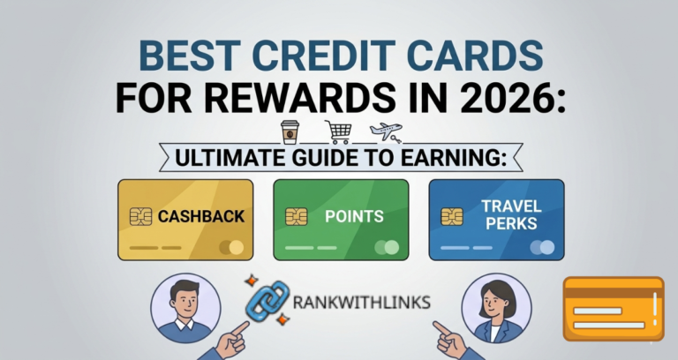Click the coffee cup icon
click(x=289, y=132)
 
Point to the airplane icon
click(x=386, y=132)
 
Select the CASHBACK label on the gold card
click(x=201, y=216)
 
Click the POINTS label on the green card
click(x=353, y=216)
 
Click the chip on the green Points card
click(x=296, y=216)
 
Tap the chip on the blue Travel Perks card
click(x=451, y=216)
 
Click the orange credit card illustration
click(x=614, y=308)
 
